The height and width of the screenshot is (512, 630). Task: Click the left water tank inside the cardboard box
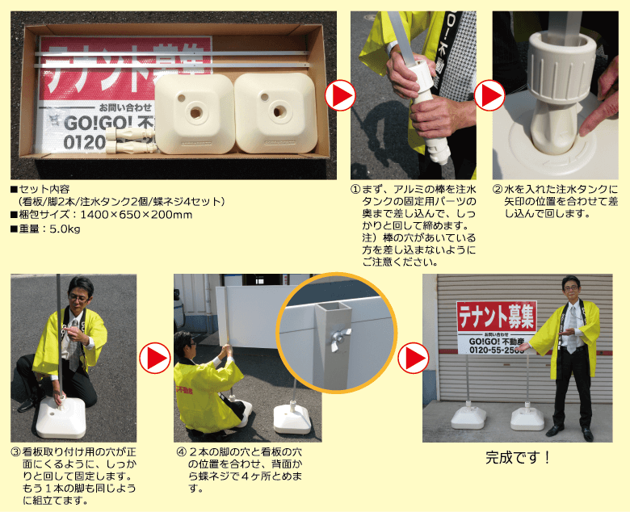coord(195,114)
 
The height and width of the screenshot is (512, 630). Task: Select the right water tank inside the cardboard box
coord(275,113)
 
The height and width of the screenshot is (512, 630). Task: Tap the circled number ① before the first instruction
coord(355,189)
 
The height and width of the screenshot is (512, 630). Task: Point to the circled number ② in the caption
coord(498,189)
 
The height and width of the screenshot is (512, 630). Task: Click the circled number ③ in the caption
coord(16,452)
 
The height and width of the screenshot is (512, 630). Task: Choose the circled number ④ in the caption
coord(182,452)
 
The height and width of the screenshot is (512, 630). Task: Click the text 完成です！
coord(518,458)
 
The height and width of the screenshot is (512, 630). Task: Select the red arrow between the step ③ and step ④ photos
coord(155,358)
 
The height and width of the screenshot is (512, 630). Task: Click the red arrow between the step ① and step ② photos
coord(489,95)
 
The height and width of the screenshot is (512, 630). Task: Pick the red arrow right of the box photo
coord(340,95)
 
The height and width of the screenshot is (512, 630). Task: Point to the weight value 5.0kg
coord(65,229)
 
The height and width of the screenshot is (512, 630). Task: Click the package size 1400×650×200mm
coord(136,215)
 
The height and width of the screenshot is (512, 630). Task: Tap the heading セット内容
coord(44,189)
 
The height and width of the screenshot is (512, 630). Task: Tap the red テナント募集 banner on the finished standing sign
coord(497,317)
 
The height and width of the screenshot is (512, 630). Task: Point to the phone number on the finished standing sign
coord(497,350)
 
